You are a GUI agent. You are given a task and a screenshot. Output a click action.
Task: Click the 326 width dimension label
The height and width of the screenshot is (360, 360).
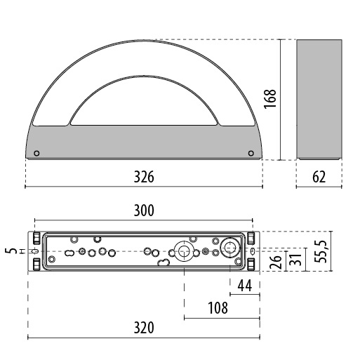pos(143,176)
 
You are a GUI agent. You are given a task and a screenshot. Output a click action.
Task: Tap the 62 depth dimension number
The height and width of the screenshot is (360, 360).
pos(319,176)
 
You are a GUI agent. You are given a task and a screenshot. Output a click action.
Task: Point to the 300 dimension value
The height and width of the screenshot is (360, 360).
pos(143,210)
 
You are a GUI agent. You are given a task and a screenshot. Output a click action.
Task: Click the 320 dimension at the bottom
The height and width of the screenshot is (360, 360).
pos(143,328)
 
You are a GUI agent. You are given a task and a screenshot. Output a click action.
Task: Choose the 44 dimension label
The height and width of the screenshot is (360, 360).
pos(245,285)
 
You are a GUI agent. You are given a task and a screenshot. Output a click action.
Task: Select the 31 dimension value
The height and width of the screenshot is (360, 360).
pos(297,259)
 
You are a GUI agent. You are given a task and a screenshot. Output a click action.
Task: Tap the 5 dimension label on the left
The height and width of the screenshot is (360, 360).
pos(9,251)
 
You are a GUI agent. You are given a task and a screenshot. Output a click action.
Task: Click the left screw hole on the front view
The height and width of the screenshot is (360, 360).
pos(37,154)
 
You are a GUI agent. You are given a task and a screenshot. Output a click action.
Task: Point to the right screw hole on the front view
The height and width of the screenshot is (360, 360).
pos(251,154)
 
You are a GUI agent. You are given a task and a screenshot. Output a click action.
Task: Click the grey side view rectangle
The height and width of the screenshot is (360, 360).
pos(319,99)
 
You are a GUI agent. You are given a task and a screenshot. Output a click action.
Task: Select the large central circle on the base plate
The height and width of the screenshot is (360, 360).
pos(184,251)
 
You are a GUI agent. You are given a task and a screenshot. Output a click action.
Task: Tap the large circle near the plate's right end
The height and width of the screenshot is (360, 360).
pos(229,248)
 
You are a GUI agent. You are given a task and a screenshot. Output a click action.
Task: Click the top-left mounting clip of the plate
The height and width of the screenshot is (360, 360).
pos(35,238)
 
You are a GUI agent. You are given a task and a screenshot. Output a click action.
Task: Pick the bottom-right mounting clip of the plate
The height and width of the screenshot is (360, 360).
pos(251,264)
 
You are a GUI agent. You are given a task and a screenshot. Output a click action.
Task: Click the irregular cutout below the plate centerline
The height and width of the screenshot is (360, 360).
pos(163,264)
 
